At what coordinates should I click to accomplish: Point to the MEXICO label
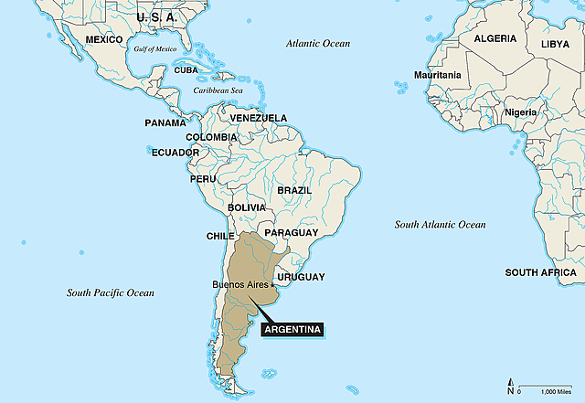(103, 40)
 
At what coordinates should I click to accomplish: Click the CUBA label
(186, 70)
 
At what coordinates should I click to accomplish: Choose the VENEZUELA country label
(259, 118)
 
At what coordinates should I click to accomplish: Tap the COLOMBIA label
(212, 137)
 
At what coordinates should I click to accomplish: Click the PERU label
(203, 179)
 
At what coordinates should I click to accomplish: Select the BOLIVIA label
(247, 208)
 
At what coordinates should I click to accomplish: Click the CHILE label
(220, 236)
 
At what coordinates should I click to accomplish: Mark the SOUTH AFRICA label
(540, 272)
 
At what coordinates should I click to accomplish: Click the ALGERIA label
(495, 39)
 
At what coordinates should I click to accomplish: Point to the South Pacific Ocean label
(111, 293)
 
